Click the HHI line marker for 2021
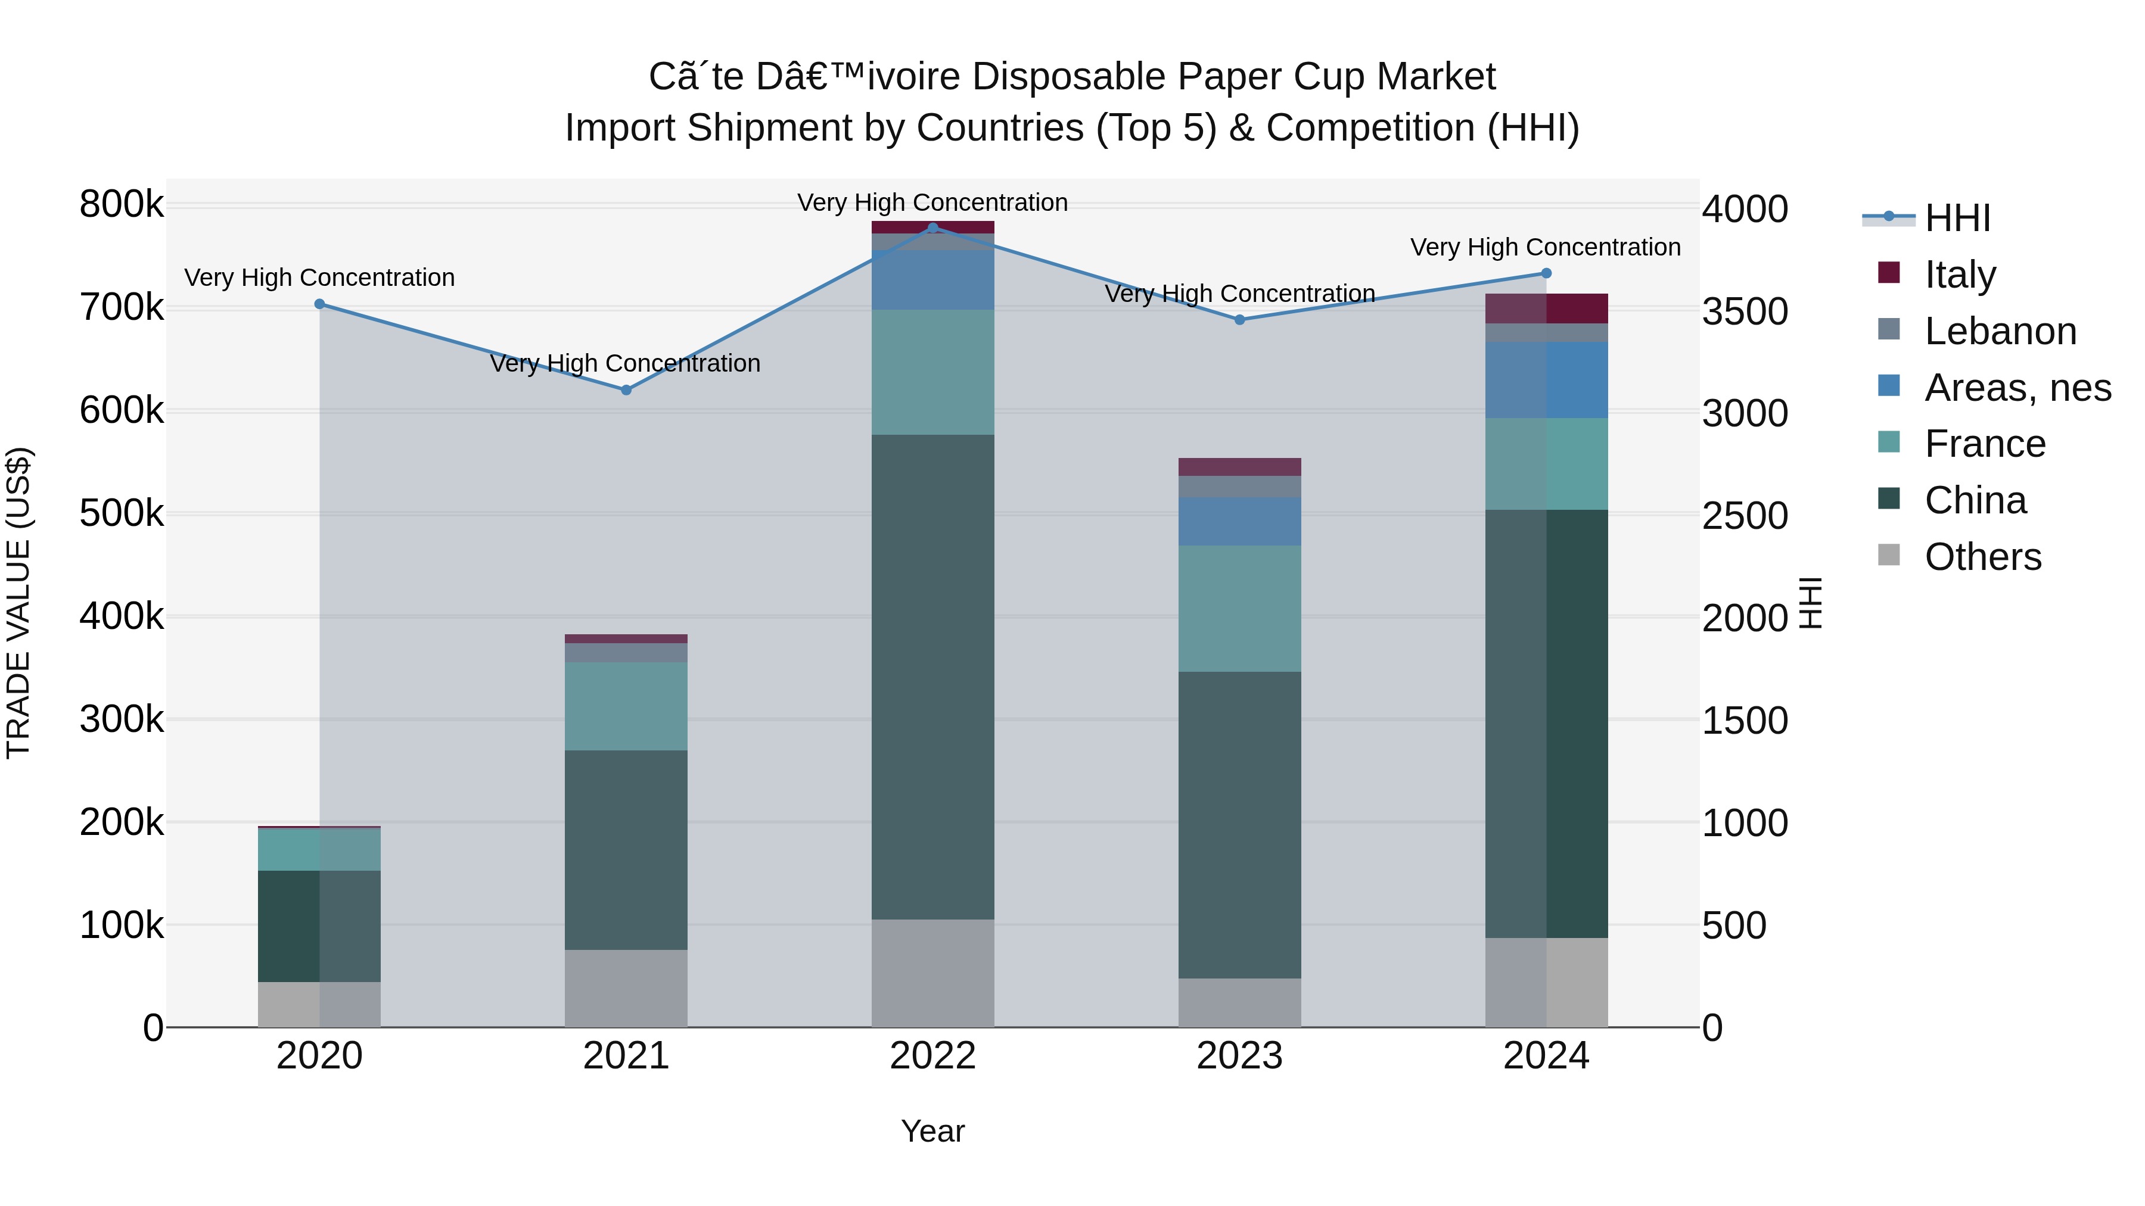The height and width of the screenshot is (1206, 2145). (x=626, y=389)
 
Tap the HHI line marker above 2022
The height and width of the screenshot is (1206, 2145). (x=932, y=228)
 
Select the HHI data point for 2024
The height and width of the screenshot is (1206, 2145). (x=1546, y=273)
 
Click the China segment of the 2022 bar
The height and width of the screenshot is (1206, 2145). (x=932, y=676)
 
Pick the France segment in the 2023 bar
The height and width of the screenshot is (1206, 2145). (x=1239, y=609)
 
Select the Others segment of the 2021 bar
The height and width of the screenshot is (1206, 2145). (x=626, y=988)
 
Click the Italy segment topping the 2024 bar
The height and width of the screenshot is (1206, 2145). (x=1546, y=308)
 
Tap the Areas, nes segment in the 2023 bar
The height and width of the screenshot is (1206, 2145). (x=1239, y=521)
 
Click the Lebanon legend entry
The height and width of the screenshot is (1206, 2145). (x=1999, y=331)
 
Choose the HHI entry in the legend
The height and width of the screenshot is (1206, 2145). (x=1957, y=218)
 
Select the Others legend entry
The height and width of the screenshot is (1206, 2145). (x=1982, y=557)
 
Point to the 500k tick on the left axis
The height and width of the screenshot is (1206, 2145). (x=122, y=513)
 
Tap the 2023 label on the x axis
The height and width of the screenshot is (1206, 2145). (x=1239, y=1056)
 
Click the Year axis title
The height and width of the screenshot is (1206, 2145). (x=932, y=1131)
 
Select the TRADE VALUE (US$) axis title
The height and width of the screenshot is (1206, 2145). (x=18, y=603)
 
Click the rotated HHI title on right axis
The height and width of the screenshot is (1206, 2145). (x=1810, y=603)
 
